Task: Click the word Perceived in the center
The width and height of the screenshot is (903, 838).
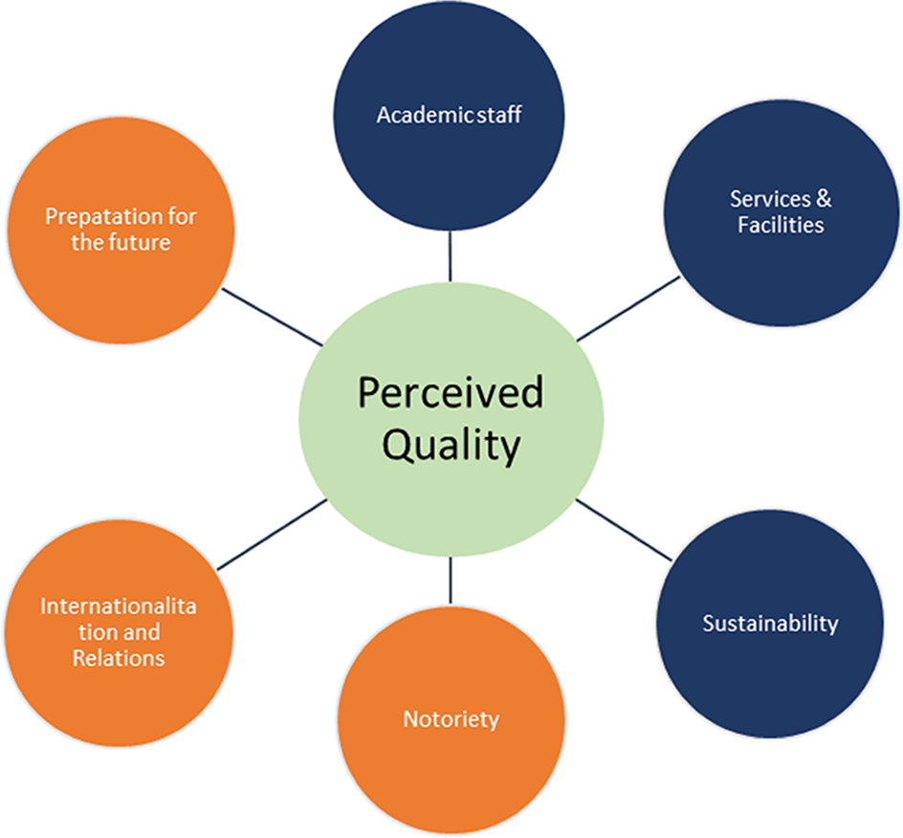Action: pyautogui.click(x=451, y=394)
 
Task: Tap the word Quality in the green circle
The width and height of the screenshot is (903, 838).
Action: pyautogui.click(x=451, y=445)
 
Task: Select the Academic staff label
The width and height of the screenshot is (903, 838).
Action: pyautogui.click(x=449, y=116)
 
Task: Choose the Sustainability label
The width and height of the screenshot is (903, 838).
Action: pyautogui.click(x=770, y=624)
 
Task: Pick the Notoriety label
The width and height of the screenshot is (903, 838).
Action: pyautogui.click(x=451, y=718)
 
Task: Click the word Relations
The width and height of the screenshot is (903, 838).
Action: pyautogui.click(x=119, y=658)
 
